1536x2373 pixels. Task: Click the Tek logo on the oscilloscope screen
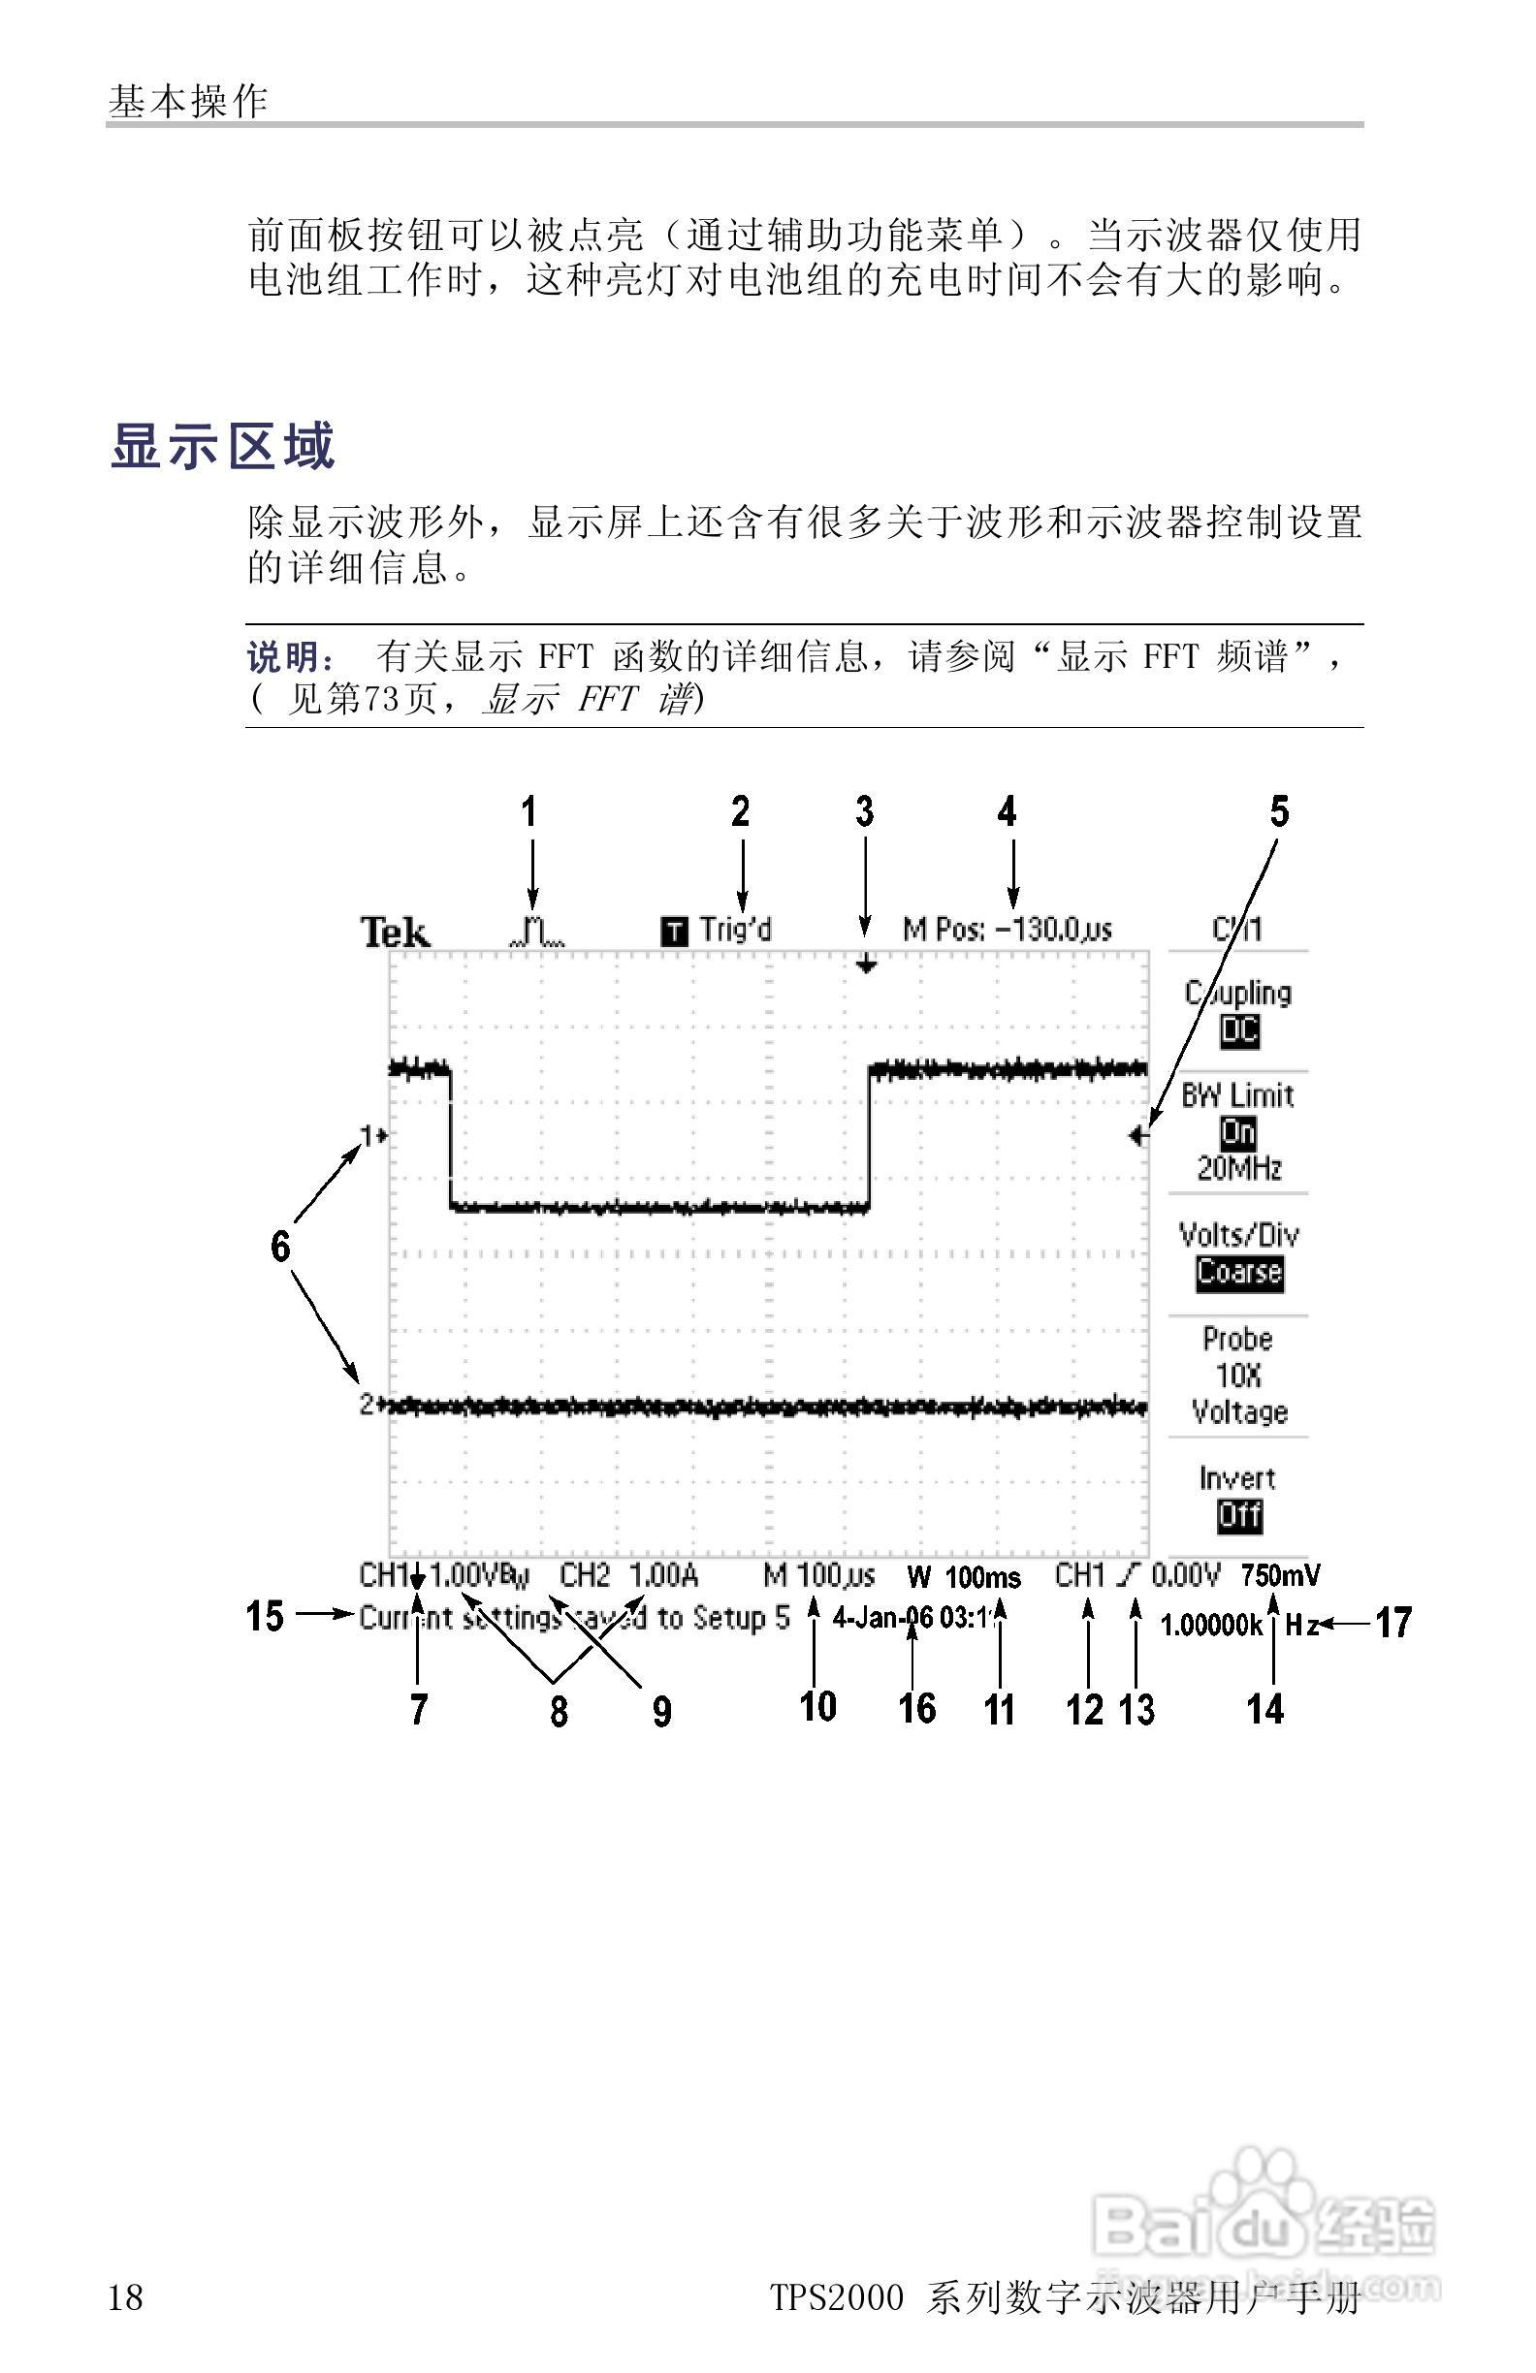(x=395, y=933)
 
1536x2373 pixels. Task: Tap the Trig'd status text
(x=734, y=931)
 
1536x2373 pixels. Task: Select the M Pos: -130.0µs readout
(x=1007, y=930)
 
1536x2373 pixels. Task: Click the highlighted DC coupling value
(x=1238, y=1031)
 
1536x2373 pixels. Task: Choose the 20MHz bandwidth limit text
(x=1238, y=1167)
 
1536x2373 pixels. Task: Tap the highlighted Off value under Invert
(x=1238, y=1515)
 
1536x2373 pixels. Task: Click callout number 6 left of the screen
(x=280, y=1247)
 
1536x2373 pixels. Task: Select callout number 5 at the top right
(x=1279, y=811)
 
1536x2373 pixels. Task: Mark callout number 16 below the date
(x=916, y=1708)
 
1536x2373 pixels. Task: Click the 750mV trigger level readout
(x=1281, y=1575)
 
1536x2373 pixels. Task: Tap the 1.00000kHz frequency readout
(x=1240, y=1626)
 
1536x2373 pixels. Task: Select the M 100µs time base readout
(x=818, y=1575)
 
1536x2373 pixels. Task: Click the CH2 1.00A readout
(x=628, y=1575)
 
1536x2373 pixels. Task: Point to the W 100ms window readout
(x=964, y=1577)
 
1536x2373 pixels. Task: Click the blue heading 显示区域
(x=222, y=446)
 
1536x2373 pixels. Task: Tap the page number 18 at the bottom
(x=126, y=2298)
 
